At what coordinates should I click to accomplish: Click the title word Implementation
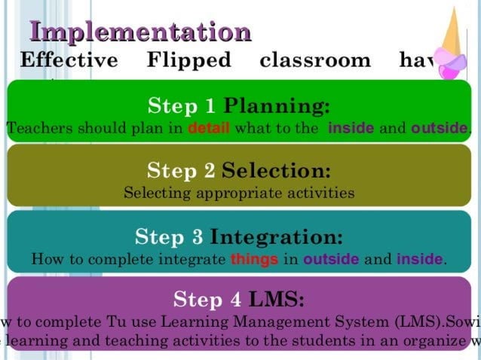139,32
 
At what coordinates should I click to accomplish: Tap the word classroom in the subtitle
314,59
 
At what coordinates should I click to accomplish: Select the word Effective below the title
69,59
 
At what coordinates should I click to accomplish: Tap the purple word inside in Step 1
351,128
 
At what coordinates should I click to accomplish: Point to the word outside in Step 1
439,128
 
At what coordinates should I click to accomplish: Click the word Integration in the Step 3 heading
276,237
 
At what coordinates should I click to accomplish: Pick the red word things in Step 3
254,260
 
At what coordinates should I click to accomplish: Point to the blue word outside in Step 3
331,260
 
